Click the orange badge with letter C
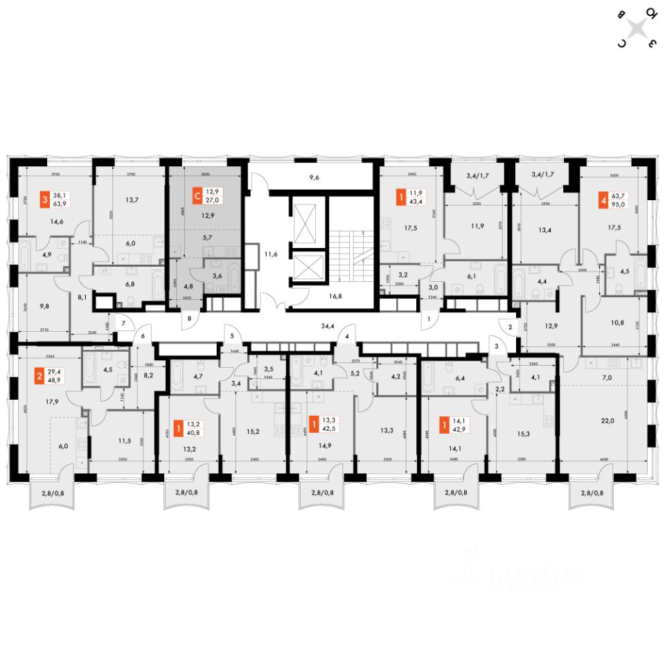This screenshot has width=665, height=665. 197,197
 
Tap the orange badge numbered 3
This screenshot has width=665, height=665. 45,199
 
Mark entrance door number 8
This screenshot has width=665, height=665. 190,319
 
